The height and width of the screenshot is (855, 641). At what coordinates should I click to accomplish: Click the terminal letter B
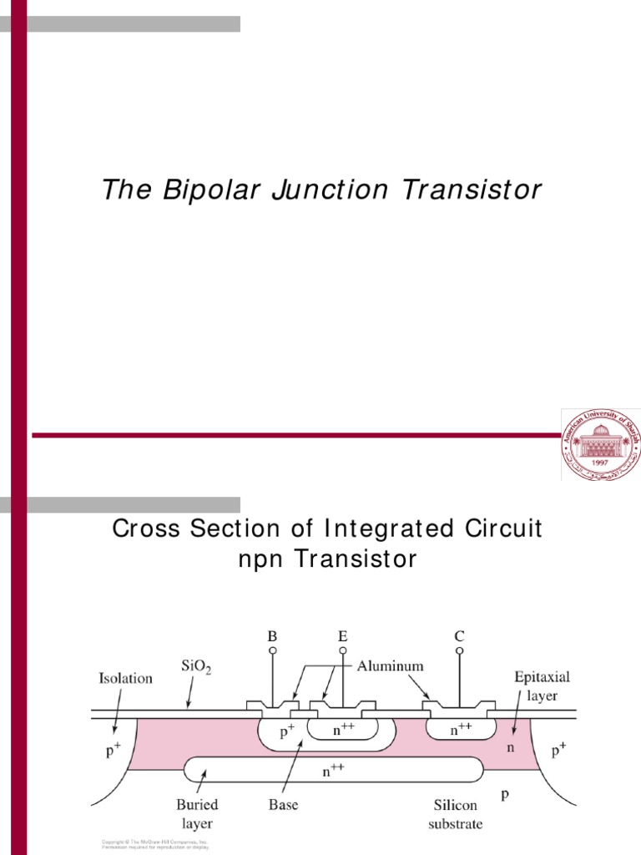272,636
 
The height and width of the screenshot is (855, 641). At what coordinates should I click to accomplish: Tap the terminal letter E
342,636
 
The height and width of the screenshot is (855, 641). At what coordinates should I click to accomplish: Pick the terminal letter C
459,636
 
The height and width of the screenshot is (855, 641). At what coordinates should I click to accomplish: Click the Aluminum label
391,666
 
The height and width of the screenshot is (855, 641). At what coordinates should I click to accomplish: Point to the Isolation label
125,678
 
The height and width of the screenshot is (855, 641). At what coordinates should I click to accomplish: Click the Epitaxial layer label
542,686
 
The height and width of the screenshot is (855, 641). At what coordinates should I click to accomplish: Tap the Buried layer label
197,812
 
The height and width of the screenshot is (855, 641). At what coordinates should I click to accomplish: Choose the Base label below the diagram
282,806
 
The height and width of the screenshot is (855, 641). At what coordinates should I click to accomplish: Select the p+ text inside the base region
285,733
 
